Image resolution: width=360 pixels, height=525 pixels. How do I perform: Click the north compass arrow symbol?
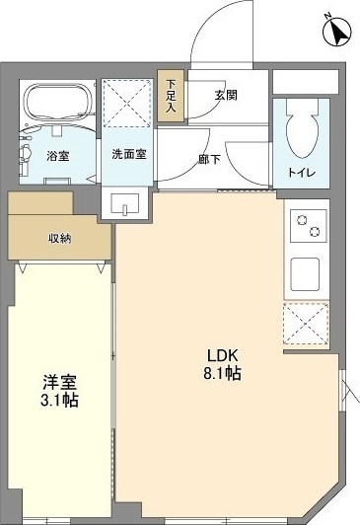[338, 32]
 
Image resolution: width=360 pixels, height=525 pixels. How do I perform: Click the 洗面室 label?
[128, 155]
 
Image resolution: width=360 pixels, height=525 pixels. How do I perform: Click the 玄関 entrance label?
[227, 96]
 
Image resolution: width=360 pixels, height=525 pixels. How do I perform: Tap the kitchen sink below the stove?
[304, 271]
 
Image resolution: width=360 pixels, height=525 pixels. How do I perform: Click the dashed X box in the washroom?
[128, 100]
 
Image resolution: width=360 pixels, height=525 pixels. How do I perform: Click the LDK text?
[222, 356]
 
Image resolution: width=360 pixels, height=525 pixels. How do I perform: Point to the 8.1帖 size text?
[223, 375]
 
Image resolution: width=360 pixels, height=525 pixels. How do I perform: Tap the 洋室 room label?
[58, 382]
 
